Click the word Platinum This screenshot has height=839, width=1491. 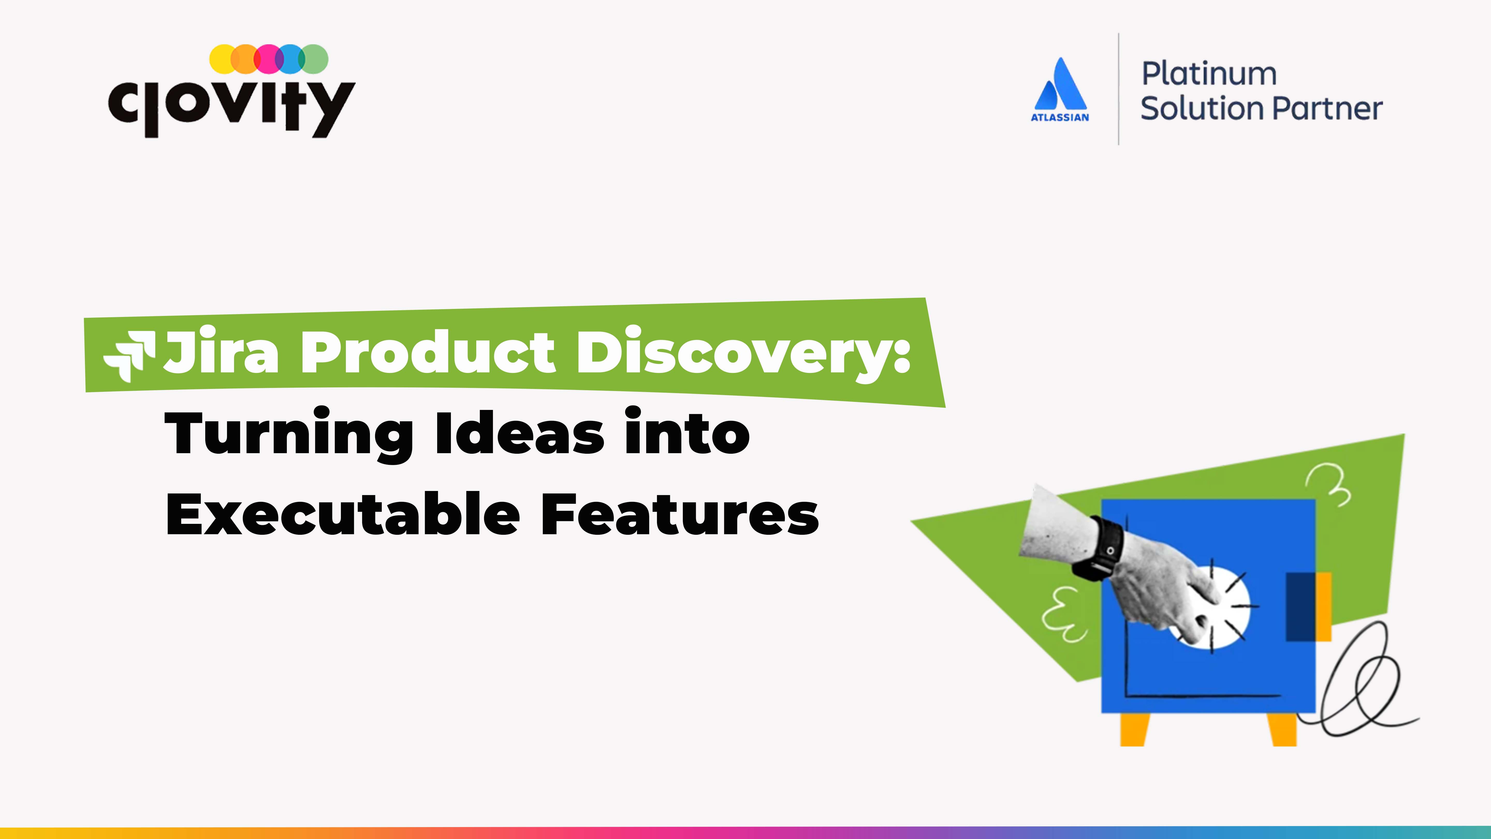pos(1209,74)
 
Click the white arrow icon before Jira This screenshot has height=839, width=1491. pos(129,356)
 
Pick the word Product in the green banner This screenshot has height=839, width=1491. pos(427,351)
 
